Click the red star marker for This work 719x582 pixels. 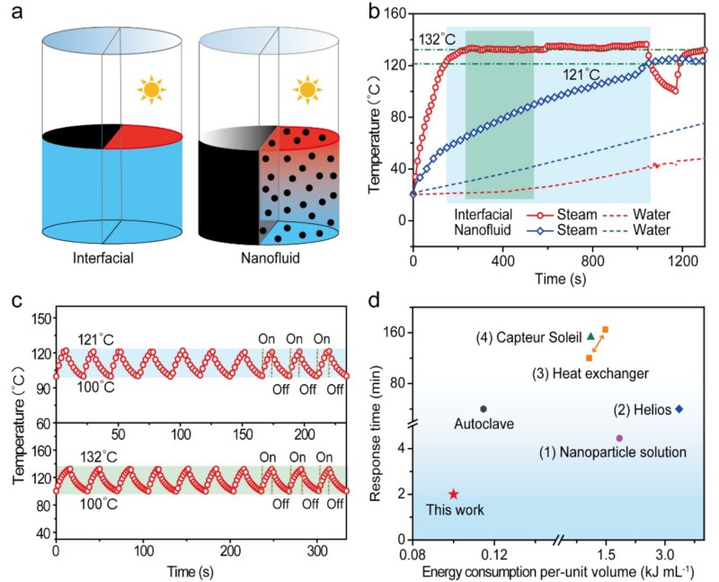(x=454, y=494)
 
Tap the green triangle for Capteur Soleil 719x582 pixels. (x=590, y=336)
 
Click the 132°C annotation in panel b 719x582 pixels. (x=436, y=40)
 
